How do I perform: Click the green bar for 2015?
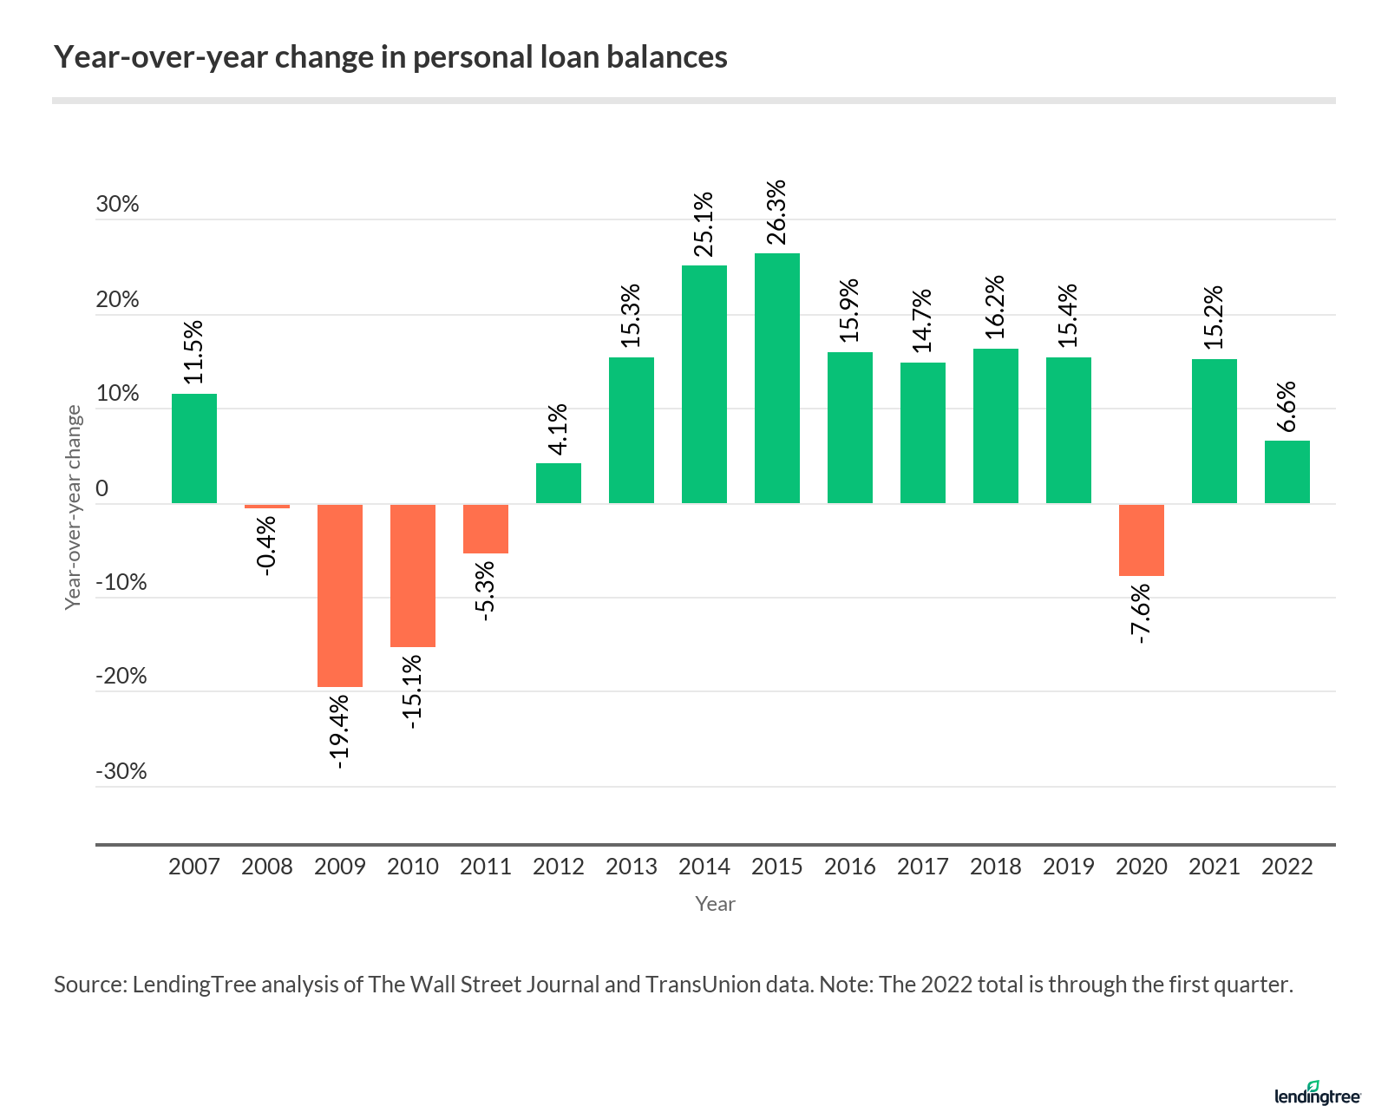click(x=776, y=378)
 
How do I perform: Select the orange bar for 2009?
click(x=339, y=595)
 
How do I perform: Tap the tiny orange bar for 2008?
click(x=266, y=506)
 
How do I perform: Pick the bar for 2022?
click(x=1287, y=472)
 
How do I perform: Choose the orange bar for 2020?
click(x=1141, y=540)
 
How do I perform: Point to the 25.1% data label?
click(x=704, y=225)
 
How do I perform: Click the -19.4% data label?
click(x=340, y=730)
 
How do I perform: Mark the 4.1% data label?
click(x=558, y=429)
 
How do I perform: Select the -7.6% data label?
click(x=1142, y=613)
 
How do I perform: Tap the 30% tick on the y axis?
click(x=117, y=204)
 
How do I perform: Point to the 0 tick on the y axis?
click(x=102, y=488)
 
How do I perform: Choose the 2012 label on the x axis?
click(x=558, y=867)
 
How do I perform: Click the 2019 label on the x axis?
click(x=1068, y=867)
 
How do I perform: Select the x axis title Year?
click(x=715, y=904)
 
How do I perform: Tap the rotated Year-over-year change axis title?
click(x=74, y=507)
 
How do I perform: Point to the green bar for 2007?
click(x=193, y=448)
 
